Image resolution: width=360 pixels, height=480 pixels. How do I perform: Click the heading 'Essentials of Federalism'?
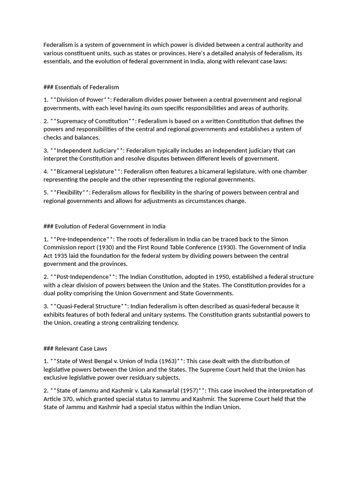pos(87,87)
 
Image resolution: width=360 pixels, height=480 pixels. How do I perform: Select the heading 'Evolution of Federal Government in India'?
pos(110,226)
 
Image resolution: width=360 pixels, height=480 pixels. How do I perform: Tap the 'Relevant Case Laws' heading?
pos(81,348)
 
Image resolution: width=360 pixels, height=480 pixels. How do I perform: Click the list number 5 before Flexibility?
pos(45,193)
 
